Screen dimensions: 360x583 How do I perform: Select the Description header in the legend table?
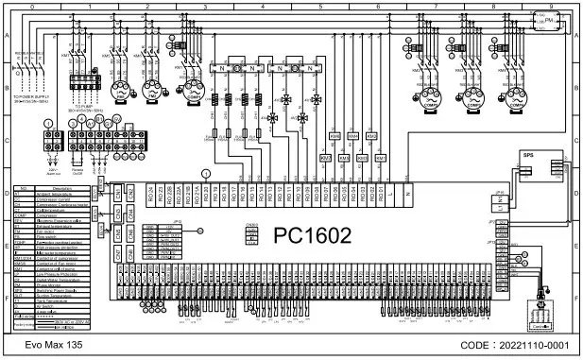[x=63, y=189]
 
